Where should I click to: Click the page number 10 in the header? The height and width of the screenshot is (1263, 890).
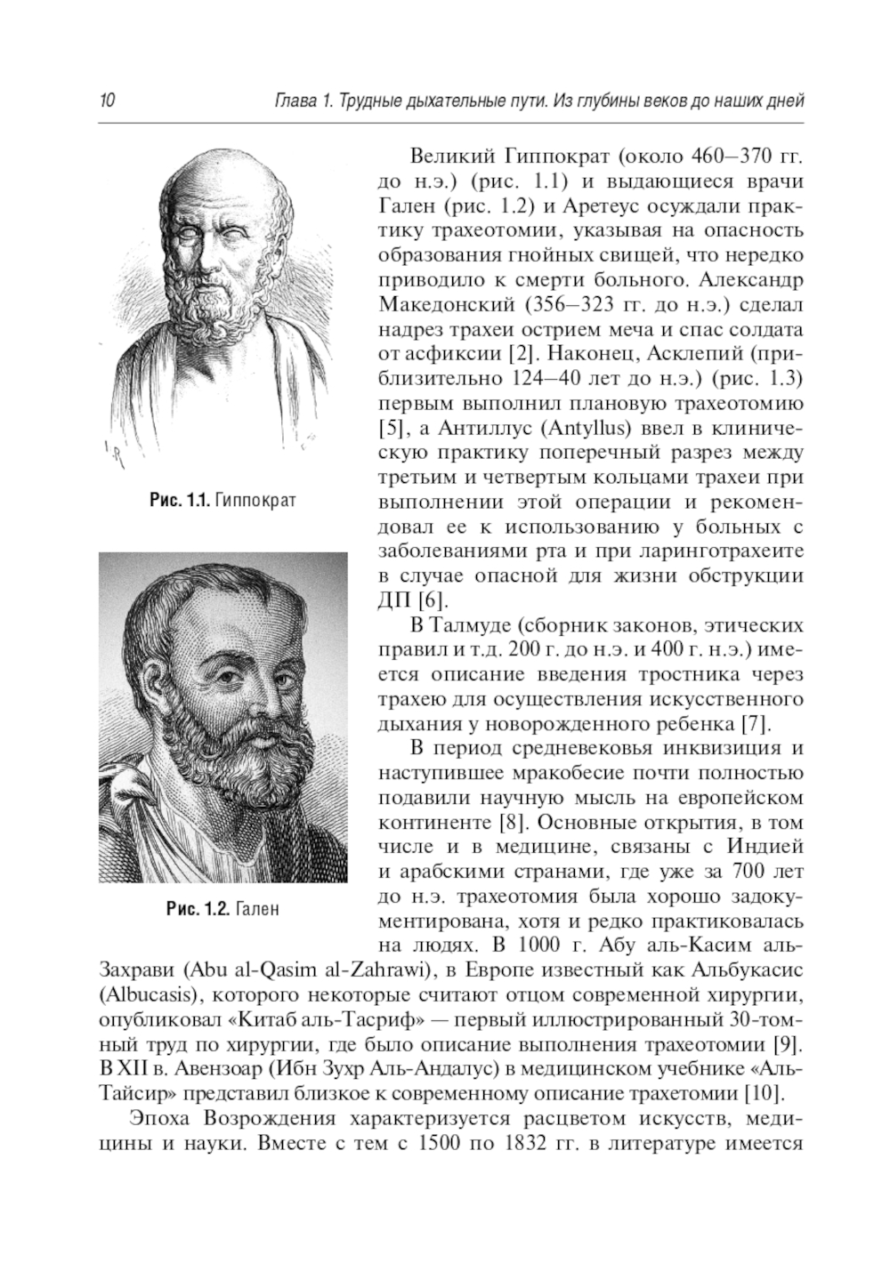[106, 101]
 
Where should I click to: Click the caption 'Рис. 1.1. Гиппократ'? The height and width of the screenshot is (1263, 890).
[222, 501]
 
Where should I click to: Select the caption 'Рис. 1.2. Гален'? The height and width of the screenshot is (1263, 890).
[222, 909]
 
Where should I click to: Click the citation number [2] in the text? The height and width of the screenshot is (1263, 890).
[519, 352]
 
